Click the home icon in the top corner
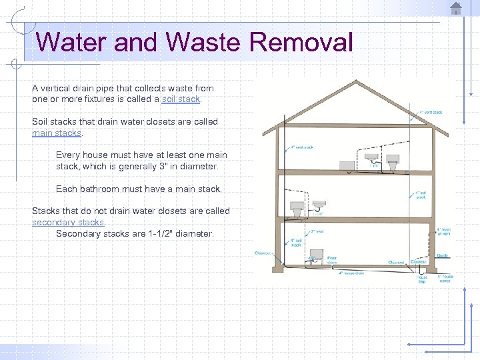(x=456, y=9)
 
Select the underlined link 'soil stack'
(x=181, y=99)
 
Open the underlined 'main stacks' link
(x=57, y=133)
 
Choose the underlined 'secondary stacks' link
(x=68, y=222)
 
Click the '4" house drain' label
(x=351, y=273)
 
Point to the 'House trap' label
(x=422, y=279)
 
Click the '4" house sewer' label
(x=445, y=278)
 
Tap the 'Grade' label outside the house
(x=441, y=255)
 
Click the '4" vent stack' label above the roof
(x=431, y=112)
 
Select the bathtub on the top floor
(x=347, y=165)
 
